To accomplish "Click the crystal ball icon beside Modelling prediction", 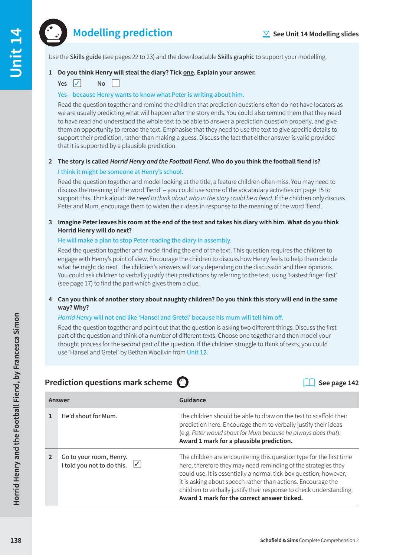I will click(x=53, y=33).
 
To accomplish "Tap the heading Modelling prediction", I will click(x=122, y=33).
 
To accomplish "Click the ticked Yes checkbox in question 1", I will click(x=77, y=83).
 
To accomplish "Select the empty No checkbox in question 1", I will click(x=115, y=83).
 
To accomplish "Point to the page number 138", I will click(x=16, y=540).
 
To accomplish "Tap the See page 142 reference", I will click(x=338, y=383).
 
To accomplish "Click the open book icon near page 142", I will click(x=309, y=383).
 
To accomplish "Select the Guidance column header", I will click(x=192, y=400).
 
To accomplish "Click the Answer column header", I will click(x=59, y=400).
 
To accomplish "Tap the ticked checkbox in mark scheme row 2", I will click(x=137, y=464).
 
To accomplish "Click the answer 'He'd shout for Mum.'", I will click(x=89, y=416).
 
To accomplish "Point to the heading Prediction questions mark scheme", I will click(x=108, y=383).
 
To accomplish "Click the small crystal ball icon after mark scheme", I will click(x=183, y=382).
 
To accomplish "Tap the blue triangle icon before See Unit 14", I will click(x=266, y=34).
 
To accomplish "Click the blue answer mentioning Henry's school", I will click(x=120, y=172).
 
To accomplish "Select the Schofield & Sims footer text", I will click(x=309, y=540).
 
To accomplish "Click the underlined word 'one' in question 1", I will click(x=189, y=72).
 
